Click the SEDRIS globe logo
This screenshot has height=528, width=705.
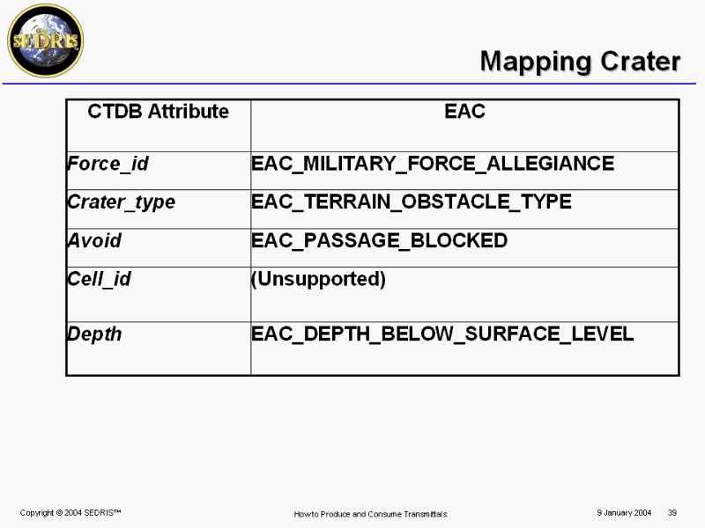[x=46, y=40]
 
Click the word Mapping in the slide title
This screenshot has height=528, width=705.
[x=537, y=62]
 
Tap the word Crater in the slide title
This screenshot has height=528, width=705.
[x=641, y=61]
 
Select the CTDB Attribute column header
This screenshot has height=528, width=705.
[x=159, y=112]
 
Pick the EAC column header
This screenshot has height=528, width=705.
[x=465, y=112]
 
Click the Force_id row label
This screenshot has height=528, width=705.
[x=108, y=164]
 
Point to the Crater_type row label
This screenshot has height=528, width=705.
[x=122, y=202]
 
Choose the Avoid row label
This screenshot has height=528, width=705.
[x=94, y=240]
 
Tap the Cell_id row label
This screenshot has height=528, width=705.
[x=99, y=279]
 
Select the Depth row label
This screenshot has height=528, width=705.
[x=94, y=334]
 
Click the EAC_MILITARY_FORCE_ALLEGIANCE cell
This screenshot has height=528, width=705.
[x=433, y=164]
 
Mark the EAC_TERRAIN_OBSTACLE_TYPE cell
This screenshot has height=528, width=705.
[x=412, y=202]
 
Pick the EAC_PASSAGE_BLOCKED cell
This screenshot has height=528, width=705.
[x=380, y=240]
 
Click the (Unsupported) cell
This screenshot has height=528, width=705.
[x=318, y=279]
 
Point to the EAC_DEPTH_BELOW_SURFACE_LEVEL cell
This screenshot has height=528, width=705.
[x=442, y=334]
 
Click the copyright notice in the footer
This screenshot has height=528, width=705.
[x=70, y=513]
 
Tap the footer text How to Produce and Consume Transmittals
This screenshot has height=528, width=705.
[x=370, y=514]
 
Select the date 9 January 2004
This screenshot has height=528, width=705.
[x=624, y=513]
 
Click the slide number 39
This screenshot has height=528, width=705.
[x=672, y=513]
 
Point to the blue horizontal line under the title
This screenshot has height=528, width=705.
[x=349, y=84]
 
